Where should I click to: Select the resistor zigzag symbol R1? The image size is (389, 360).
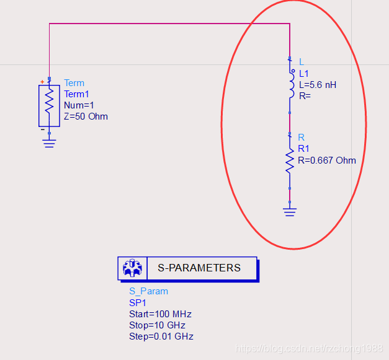[289, 160]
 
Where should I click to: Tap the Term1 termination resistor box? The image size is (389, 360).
[49, 105]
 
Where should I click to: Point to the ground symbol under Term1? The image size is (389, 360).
[49, 143]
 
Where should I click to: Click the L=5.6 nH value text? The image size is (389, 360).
[318, 84]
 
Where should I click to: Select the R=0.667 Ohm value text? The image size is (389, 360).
[327, 160]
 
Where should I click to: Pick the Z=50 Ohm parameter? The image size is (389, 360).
[86, 116]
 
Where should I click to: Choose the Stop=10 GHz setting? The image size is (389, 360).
[157, 325]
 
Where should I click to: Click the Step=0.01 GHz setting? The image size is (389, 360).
[161, 336]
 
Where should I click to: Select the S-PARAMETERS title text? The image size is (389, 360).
[199, 268]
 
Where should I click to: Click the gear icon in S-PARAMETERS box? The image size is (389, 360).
[132, 268]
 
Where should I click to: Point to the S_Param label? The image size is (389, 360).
[148, 291]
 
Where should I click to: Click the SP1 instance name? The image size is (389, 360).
[138, 302]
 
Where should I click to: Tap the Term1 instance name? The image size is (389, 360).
[76, 94]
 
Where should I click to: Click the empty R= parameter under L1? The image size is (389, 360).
[305, 95]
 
